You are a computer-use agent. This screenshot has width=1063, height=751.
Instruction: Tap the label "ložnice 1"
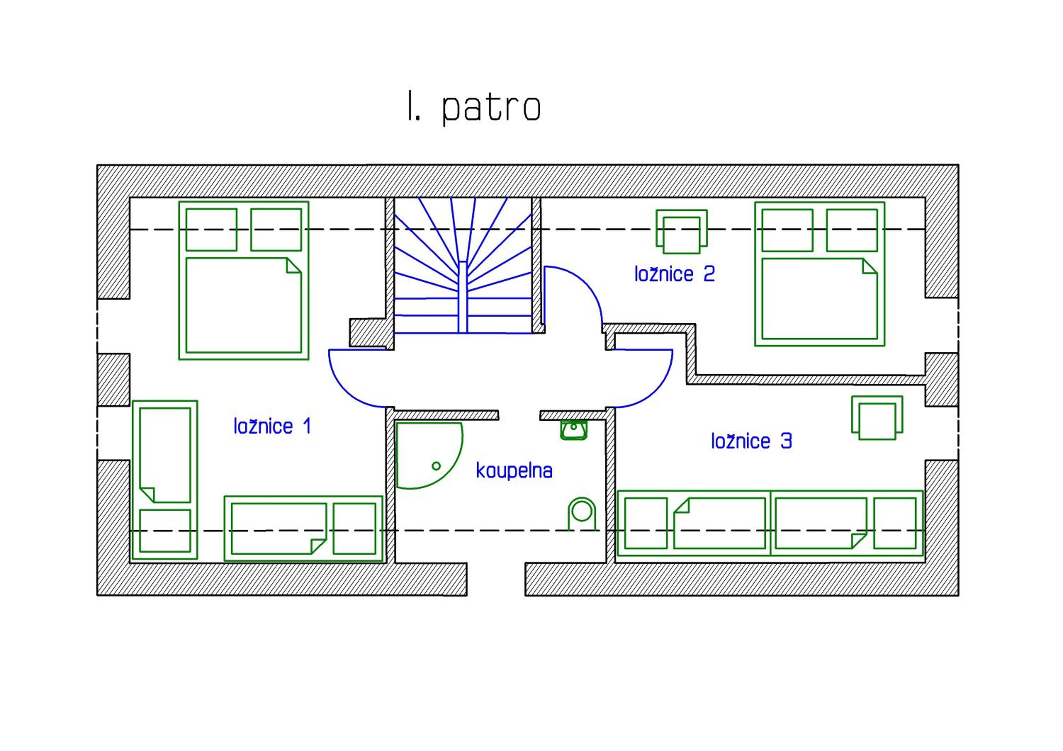[x=272, y=426]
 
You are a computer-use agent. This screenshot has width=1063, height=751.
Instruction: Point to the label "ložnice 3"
[x=752, y=441]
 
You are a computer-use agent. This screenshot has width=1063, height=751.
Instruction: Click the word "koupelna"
[x=514, y=470]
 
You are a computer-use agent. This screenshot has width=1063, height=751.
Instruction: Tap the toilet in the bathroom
[x=581, y=514]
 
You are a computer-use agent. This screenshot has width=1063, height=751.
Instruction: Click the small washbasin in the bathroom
[x=574, y=430]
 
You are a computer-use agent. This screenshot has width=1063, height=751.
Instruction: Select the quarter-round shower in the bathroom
[x=429, y=455]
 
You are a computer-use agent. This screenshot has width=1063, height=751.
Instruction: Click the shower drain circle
[x=436, y=466]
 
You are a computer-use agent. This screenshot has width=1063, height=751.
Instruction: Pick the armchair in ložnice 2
[x=681, y=231]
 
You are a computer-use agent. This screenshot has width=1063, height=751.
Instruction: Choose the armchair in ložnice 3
[x=877, y=417]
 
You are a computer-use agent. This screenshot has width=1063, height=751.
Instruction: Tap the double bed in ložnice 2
[x=820, y=274]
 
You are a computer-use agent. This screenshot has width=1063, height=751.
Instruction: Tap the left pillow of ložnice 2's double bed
[x=787, y=230]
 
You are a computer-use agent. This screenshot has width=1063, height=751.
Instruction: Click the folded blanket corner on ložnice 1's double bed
[x=293, y=266]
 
